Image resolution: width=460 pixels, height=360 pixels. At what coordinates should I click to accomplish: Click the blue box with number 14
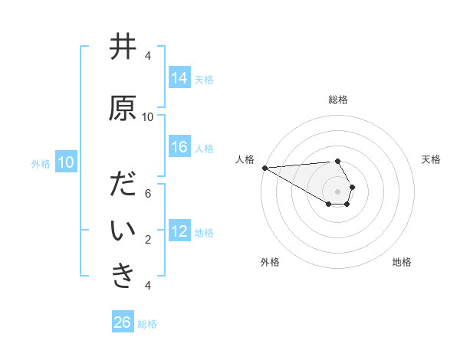coord(179,78)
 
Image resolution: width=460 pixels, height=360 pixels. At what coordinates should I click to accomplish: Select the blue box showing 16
coord(179,147)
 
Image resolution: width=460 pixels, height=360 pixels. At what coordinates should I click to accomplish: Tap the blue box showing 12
coord(179,231)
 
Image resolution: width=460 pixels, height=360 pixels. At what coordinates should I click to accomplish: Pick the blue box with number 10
coord(66,162)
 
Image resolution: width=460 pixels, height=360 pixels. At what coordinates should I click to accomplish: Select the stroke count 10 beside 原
coord(148,117)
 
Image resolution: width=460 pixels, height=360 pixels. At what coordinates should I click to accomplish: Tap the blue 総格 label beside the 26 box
coord(147,323)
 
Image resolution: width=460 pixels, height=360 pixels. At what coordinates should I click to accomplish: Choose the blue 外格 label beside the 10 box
coord(41,163)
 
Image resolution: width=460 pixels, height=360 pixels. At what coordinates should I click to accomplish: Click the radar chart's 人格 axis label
coord(245,159)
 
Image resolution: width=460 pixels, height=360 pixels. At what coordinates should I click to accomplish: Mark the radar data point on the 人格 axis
coord(264,168)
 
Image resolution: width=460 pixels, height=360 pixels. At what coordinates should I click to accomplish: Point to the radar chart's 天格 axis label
coord(432,159)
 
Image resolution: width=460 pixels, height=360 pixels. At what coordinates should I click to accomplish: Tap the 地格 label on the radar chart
coord(402,262)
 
